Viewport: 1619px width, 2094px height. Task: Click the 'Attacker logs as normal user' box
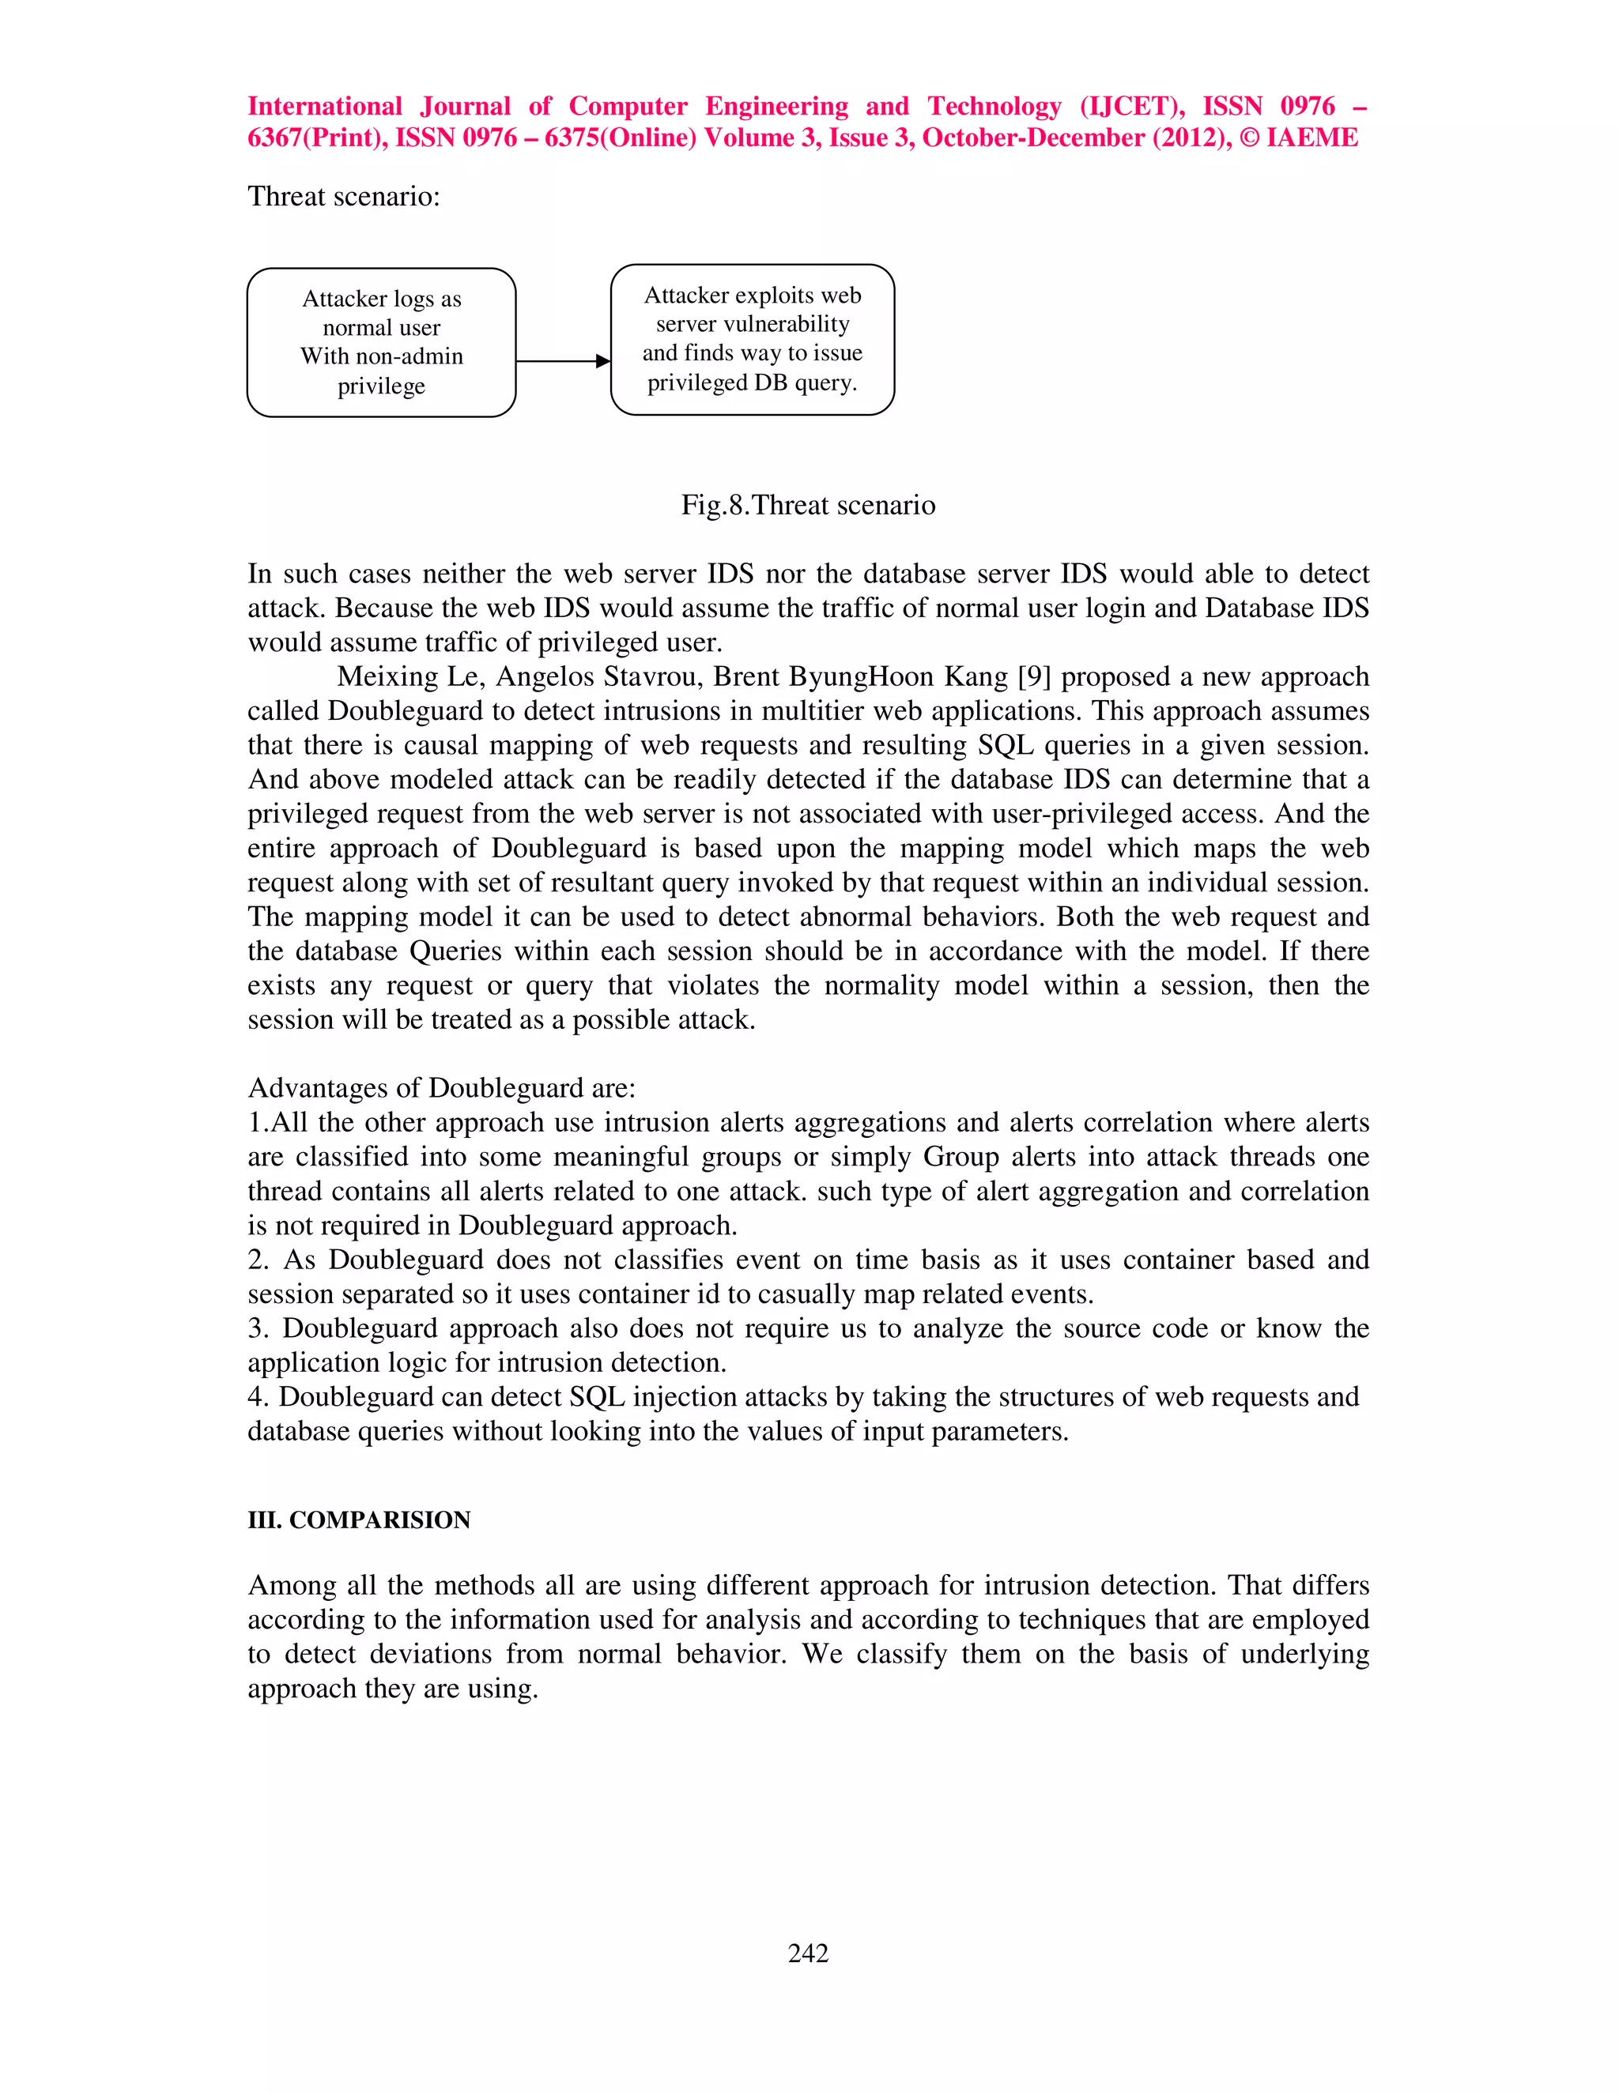pyautogui.click(x=381, y=341)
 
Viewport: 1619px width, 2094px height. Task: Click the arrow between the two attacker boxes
pyautogui.click(x=563, y=361)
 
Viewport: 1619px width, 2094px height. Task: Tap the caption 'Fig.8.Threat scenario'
pyautogui.click(x=808, y=505)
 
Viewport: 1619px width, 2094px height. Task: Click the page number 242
pyautogui.click(x=808, y=1953)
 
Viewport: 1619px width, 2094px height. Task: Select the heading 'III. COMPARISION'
pyautogui.click(x=359, y=1520)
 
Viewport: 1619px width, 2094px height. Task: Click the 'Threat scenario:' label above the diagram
pyautogui.click(x=343, y=197)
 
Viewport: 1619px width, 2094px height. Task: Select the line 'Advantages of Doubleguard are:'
pyautogui.click(x=441, y=1088)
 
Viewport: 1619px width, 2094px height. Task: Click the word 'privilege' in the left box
pyautogui.click(x=381, y=386)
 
